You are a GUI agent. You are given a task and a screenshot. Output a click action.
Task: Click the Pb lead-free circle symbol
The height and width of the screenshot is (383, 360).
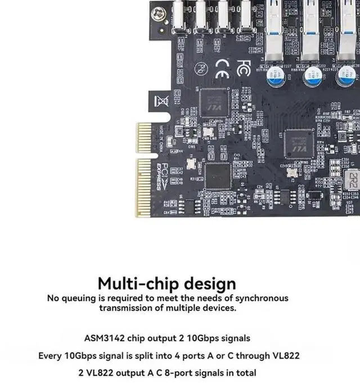[x=200, y=68]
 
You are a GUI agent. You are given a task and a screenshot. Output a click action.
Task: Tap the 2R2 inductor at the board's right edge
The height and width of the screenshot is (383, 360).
[x=353, y=180]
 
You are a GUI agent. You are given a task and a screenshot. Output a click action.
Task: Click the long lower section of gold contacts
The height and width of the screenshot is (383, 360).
[x=145, y=187]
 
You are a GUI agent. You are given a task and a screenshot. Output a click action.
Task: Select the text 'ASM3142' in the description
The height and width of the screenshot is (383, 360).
[x=103, y=338]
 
